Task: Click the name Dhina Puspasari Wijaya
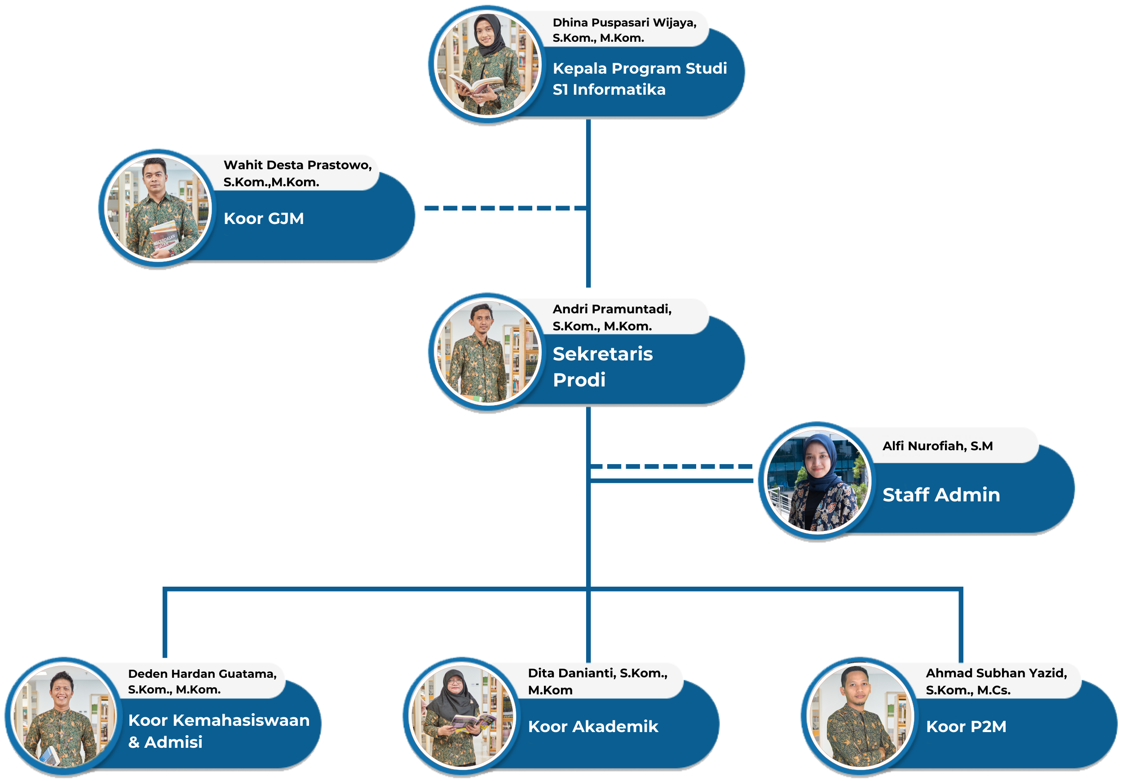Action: [624, 23]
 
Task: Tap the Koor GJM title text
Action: [263, 219]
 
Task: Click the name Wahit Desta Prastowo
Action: [297, 165]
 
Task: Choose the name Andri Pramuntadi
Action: [611, 309]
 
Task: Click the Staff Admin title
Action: [941, 495]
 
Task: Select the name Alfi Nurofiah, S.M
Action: [937, 446]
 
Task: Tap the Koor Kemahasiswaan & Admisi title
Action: [218, 731]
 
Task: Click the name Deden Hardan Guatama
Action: [202, 674]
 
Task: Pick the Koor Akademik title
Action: [593, 727]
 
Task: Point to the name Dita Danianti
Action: [597, 673]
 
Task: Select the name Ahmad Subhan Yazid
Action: [996, 673]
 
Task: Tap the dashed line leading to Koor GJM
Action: [504, 208]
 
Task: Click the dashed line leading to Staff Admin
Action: [671, 466]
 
